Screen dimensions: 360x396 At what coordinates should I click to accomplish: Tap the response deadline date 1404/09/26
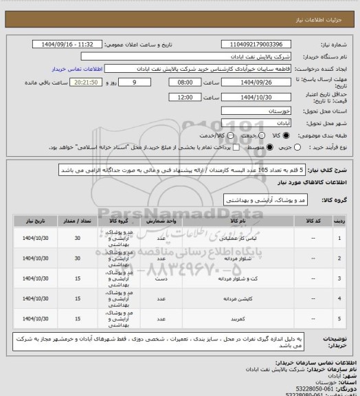tap(254, 82)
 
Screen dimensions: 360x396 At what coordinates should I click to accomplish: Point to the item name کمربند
tap(229, 320)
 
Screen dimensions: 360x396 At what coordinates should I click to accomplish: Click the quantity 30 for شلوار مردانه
tap(77, 258)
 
